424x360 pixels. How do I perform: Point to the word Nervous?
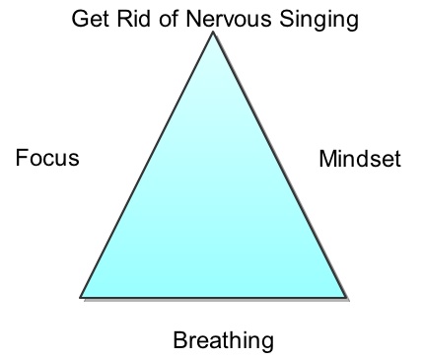(x=229, y=19)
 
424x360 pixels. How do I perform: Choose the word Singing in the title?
(x=318, y=21)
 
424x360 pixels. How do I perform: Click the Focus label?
(x=47, y=158)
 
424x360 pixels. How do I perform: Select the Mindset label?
(x=360, y=159)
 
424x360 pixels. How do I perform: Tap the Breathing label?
(x=223, y=341)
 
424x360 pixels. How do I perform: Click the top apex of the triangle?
(x=213, y=32)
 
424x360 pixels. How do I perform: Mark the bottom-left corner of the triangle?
(x=80, y=297)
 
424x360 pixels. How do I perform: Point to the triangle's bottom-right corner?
(x=347, y=298)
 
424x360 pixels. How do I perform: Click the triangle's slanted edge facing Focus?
(x=146, y=165)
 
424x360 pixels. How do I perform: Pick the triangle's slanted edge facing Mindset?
(x=280, y=165)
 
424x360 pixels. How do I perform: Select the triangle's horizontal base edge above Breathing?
(x=213, y=298)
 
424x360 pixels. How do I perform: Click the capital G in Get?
(x=80, y=19)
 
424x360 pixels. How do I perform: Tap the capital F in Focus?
(x=22, y=158)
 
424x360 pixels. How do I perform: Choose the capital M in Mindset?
(x=327, y=159)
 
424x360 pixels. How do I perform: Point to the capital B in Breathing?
(x=180, y=340)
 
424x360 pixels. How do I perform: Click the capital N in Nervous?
(x=193, y=19)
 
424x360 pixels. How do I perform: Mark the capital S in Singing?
(x=287, y=19)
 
